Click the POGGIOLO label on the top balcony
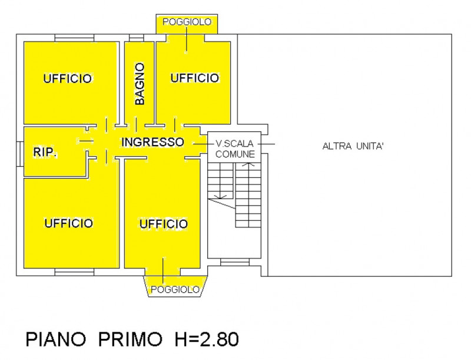point(187,22)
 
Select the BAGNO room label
point(140,84)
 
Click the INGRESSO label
point(152,142)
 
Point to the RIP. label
point(45,153)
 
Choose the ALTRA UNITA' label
point(353,146)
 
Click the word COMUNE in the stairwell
point(235,154)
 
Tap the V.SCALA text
point(235,143)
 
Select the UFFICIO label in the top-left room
point(67,78)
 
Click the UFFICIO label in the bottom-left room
point(68,223)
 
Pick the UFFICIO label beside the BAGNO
point(195,78)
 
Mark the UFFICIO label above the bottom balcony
point(163,224)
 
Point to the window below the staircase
point(234,262)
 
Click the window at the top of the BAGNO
point(137,39)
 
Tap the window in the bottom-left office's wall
point(74,272)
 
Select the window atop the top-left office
point(74,38)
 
